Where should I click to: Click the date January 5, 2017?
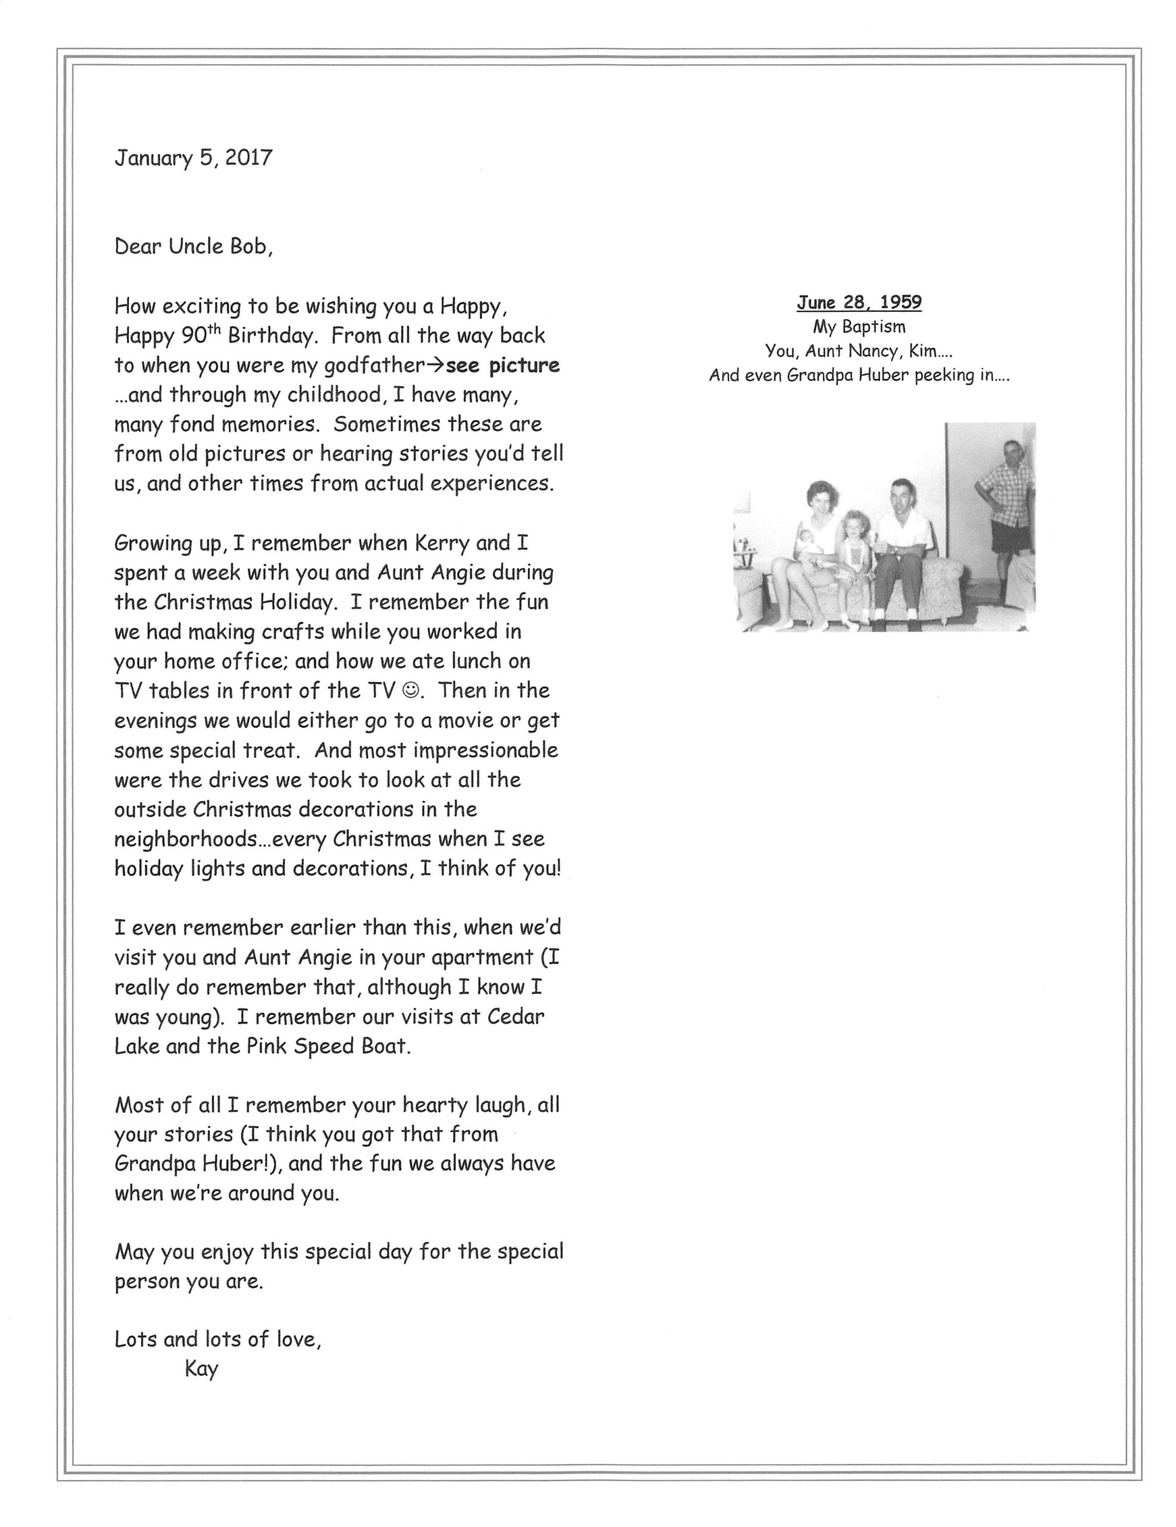(193, 157)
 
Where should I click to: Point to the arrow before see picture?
(435, 365)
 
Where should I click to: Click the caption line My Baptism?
(859, 326)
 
